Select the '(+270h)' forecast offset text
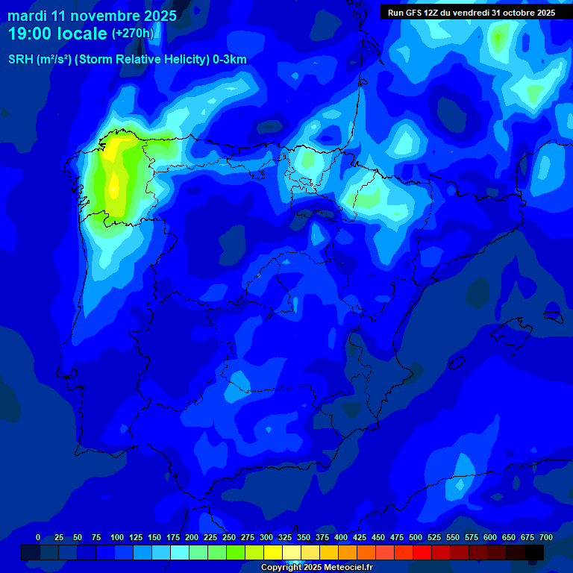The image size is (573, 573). [x=132, y=34]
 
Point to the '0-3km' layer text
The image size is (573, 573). [x=230, y=60]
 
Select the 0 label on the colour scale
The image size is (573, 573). [x=38, y=537]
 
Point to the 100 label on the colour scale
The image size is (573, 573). [x=117, y=537]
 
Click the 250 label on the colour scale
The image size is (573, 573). [x=229, y=537]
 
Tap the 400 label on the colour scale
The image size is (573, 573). [x=341, y=537]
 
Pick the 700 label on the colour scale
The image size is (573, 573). [x=546, y=537]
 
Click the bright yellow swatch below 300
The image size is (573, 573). [x=273, y=552]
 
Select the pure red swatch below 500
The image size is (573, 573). [x=422, y=552]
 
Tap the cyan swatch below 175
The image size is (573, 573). [x=180, y=552]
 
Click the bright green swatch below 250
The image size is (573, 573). [x=236, y=552]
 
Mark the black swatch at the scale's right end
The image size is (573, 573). [x=534, y=552]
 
